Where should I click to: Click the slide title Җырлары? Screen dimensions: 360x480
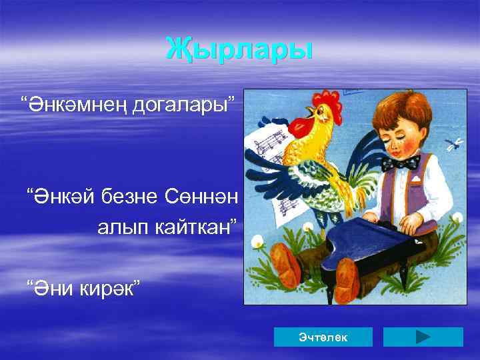tap(238, 48)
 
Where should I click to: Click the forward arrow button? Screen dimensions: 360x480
tap(423, 337)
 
